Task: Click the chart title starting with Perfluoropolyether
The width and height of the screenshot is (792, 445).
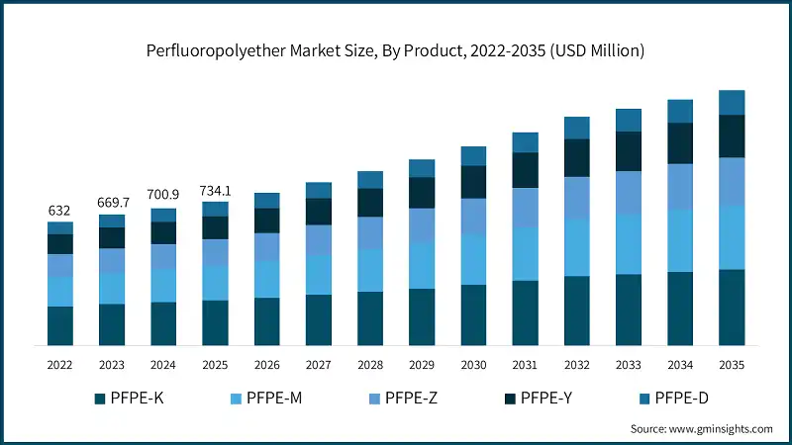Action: (395, 50)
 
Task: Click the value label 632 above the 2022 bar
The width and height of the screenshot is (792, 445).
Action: (60, 211)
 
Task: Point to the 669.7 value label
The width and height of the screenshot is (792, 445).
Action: (112, 203)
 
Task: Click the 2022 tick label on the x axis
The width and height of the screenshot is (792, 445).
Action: (60, 365)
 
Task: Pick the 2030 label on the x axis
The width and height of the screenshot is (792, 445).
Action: (473, 365)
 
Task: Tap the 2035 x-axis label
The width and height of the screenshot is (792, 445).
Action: (732, 365)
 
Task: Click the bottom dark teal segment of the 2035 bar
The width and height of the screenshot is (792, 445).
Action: (732, 308)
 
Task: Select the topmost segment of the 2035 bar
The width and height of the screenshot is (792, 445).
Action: (732, 102)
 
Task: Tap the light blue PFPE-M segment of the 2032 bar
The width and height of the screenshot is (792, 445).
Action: (577, 247)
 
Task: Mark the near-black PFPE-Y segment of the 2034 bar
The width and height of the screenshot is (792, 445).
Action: (680, 143)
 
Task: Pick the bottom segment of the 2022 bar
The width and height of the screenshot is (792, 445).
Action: (60, 325)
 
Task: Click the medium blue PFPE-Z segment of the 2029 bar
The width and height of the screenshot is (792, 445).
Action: (422, 225)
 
